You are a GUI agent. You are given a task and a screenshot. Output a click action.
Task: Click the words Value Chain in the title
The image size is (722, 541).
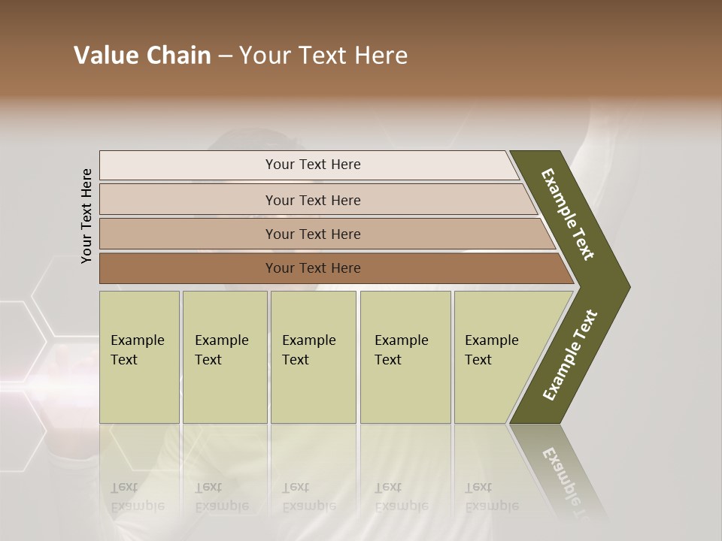click(x=142, y=56)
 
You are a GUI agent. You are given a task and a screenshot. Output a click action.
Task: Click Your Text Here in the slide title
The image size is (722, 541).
click(x=323, y=56)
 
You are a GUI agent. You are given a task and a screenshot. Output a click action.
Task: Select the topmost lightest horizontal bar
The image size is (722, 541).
click(x=312, y=165)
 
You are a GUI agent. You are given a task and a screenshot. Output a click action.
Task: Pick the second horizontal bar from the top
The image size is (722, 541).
click(x=312, y=200)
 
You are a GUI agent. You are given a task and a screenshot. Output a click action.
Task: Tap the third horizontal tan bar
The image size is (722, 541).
click(x=312, y=234)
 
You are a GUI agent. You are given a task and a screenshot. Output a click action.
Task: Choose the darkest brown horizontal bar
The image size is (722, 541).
click(x=312, y=268)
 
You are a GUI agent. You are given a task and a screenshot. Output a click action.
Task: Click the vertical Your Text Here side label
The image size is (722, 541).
click(x=87, y=216)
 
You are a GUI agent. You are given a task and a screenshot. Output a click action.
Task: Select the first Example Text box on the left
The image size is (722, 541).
click(x=139, y=357)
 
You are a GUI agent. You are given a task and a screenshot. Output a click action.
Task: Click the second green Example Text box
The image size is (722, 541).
click(x=224, y=357)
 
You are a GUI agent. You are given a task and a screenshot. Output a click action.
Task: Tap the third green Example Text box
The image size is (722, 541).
click(x=313, y=357)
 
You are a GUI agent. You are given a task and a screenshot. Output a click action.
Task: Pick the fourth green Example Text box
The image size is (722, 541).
click(x=405, y=357)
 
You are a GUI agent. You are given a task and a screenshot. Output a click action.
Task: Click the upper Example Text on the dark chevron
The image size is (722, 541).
click(x=568, y=214)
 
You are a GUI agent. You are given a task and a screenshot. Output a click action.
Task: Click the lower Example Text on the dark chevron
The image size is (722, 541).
click(x=569, y=355)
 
